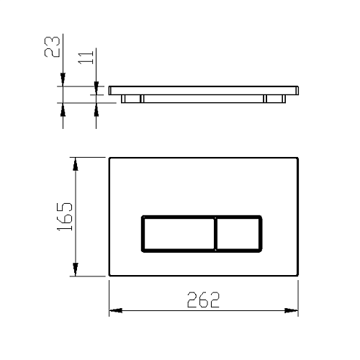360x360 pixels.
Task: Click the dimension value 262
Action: pos(203,300)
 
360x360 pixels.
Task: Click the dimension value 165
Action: pos(65,217)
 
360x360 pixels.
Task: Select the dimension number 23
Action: pos(52,47)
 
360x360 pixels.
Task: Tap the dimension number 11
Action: pos(86,58)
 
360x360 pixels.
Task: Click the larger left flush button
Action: pos(179,234)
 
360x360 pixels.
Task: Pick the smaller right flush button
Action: pos(238,234)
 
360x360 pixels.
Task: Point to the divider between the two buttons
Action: pos(216,234)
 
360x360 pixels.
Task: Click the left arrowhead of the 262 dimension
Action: pos(116,310)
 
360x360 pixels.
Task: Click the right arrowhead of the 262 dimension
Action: pos(291,310)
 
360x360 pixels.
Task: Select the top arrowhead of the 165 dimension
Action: pos(76,164)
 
